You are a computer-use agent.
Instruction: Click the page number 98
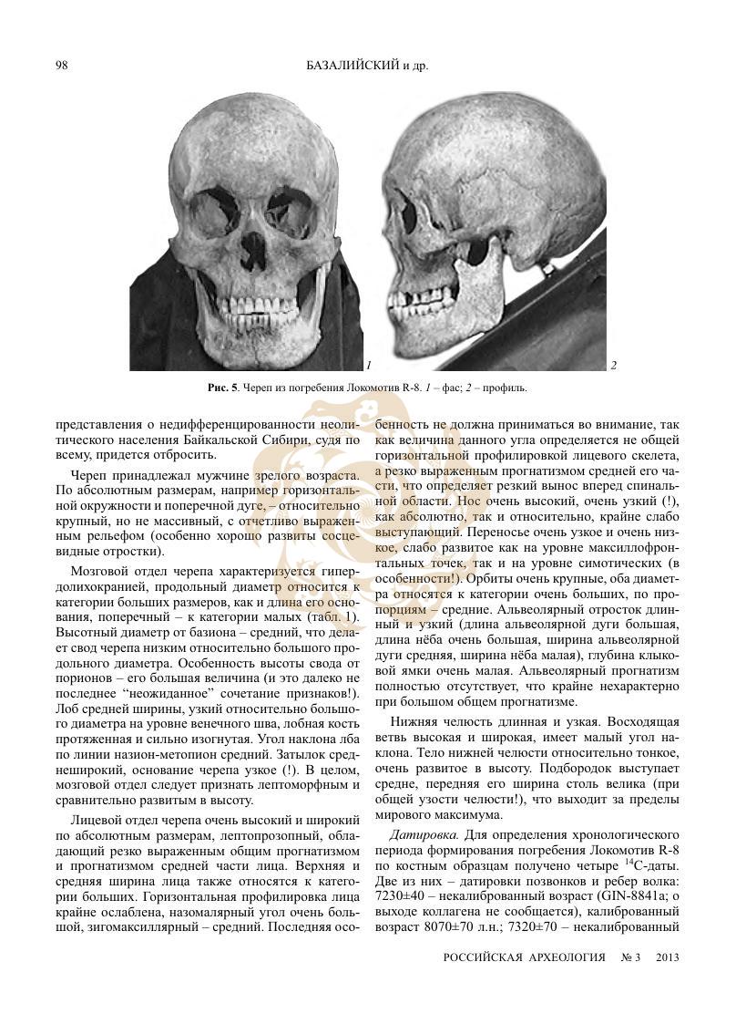pos(62,65)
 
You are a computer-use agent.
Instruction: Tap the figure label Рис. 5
pos(222,388)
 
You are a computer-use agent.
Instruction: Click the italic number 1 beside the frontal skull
pos(367,366)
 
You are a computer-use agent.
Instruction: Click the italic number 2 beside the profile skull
pos(614,366)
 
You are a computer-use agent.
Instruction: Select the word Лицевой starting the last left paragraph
pos(97,819)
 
